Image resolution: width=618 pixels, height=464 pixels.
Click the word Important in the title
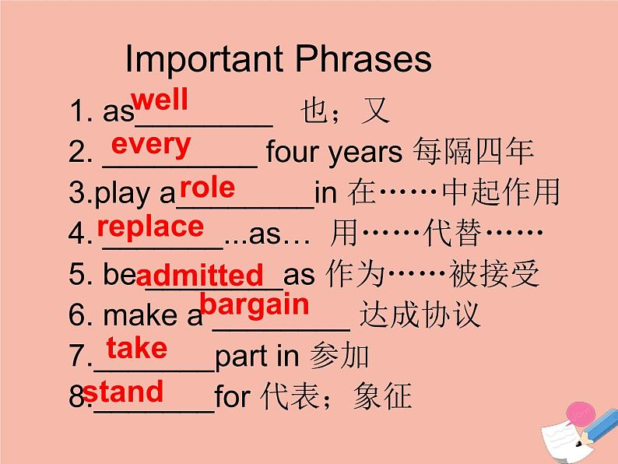(204, 59)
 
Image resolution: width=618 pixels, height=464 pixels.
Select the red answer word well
(160, 100)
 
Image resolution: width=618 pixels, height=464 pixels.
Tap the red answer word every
(151, 146)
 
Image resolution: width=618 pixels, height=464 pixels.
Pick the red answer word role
(207, 188)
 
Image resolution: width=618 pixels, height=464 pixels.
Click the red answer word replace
(150, 227)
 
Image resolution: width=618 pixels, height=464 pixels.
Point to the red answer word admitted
(200, 274)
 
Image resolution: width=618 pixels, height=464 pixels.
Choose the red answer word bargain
(255, 305)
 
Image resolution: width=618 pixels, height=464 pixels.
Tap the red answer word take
(137, 348)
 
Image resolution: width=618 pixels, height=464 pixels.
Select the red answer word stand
(123, 391)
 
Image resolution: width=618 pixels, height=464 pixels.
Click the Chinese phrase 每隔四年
(474, 151)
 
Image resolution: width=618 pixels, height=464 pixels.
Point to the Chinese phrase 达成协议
(420, 315)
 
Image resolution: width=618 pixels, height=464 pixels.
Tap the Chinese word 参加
(339, 355)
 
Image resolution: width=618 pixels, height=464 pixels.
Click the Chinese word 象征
(383, 395)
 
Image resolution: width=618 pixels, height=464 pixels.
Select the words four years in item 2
(334, 153)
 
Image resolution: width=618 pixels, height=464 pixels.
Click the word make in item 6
(140, 315)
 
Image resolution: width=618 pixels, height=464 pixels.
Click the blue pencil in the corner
(596, 427)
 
